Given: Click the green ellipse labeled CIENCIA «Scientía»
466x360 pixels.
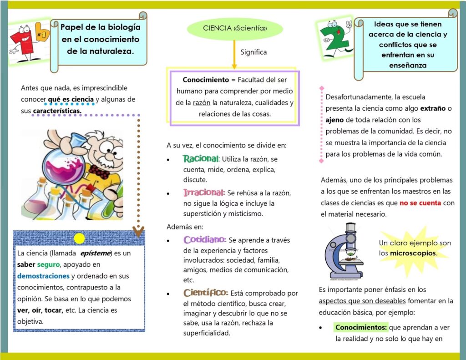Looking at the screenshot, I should click(x=235, y=29).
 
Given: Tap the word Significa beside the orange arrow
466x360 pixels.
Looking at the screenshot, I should click(x=253, y=52).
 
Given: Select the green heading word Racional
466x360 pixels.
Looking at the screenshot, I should click(x=201, y=159).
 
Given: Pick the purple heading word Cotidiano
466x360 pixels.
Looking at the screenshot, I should click(x=205, y=239).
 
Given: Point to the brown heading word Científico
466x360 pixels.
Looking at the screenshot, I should click(x=206, y=293).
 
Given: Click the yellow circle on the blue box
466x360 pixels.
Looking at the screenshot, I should click(x=79, y=238).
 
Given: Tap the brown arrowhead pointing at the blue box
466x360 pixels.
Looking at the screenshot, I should click(x=139, y=231).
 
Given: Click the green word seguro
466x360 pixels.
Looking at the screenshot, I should click(x=48, y=264).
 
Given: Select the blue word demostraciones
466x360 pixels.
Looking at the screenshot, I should click(x=43, y=276).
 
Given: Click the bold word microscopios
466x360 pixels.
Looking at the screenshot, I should click(x=413, y=253).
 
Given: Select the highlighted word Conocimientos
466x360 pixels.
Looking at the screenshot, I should click(x=361, y=327).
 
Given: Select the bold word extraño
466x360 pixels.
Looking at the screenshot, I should click(x=433, y=109).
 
